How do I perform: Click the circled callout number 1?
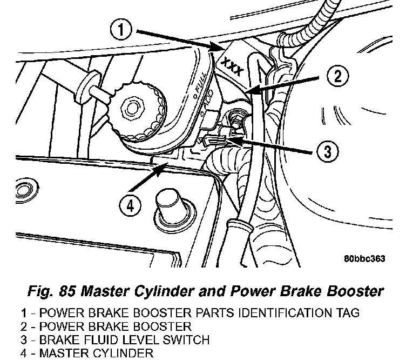121,30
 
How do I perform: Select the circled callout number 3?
328,151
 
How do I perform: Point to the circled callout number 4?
130,206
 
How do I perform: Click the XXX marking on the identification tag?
233,67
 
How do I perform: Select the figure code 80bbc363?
364,258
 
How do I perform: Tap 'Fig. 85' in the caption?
51,291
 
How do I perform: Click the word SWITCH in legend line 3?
186,339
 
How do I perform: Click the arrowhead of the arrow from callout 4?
161,168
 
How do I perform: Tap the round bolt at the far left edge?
25,190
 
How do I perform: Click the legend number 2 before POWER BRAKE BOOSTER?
24,326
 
